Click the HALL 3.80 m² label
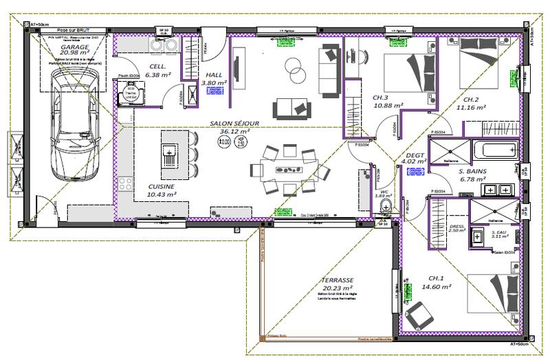click(x=209, y=78)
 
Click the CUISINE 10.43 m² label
click(x=162, y=190)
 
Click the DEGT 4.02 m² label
click(x=416, y=159)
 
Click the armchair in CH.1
click(x=419, y=317)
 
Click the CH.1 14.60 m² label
click(x=436, y=282)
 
